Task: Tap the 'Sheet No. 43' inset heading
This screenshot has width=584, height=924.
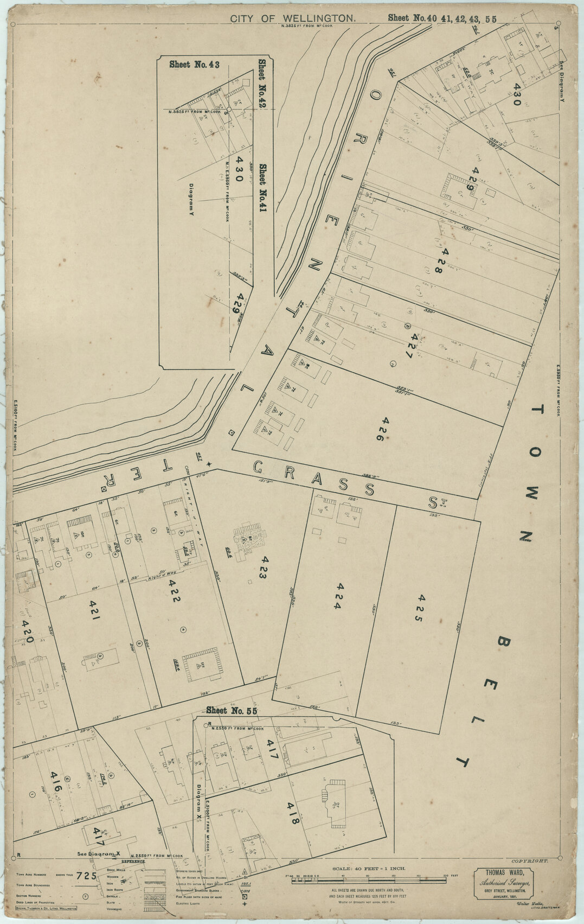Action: (x=194, y=65)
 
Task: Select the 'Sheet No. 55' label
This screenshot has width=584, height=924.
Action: (x=232, y=711)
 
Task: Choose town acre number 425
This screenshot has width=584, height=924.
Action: (x=421, y=607)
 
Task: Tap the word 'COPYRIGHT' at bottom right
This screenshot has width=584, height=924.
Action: (x=529, y=861)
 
